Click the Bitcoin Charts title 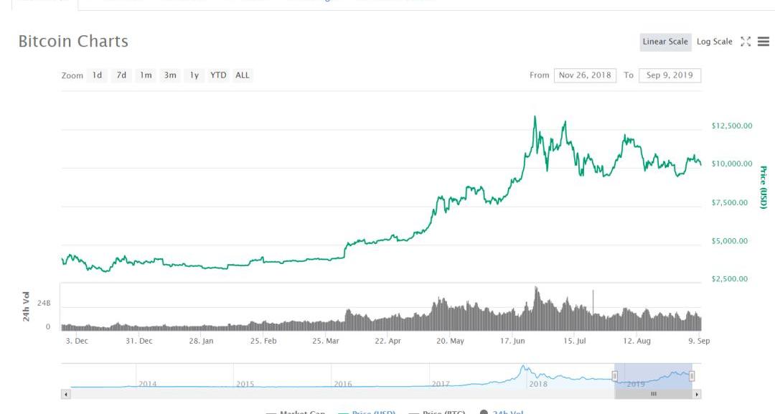[73, 41]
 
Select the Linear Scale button [665, 42]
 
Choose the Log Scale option [714, 42]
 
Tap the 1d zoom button [97, 75]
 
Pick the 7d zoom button [121, 75]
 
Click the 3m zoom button [170, 75]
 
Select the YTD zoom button [218, 75]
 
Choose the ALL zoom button [243, 75]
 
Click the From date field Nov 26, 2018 [585, 75]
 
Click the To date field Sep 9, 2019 [670, 75]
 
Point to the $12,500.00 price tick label [732, 126]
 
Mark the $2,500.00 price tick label [730, 279]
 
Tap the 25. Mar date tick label [326, 342]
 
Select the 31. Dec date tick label [139, 342]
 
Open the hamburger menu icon [763, 42]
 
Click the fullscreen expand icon [746, 42]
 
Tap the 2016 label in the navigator [343, 384]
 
